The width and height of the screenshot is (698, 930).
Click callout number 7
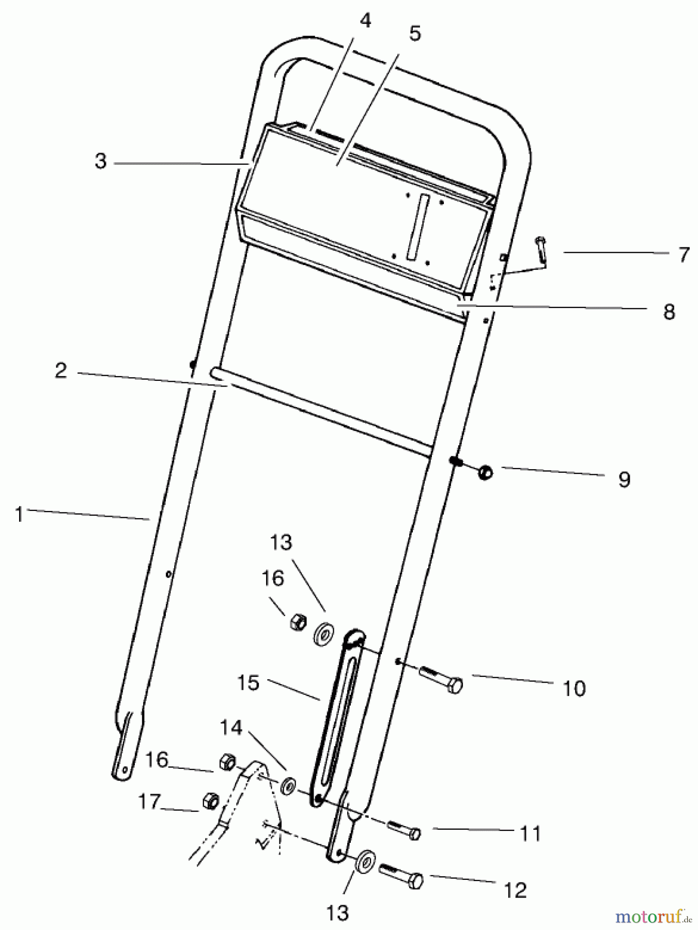point(684,254)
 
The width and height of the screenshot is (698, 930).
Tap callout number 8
point(669,312)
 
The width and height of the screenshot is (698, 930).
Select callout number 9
point(624,479)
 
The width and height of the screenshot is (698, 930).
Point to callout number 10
point(574,688)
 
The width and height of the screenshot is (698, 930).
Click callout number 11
point(530,833)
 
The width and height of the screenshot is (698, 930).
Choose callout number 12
point(515,890)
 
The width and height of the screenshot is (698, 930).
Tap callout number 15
point(248,683)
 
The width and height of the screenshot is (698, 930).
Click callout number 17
point(149,801)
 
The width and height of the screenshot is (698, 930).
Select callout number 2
point(61,370)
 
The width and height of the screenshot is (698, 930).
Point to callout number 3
point(101,161)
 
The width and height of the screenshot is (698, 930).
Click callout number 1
point(19,515)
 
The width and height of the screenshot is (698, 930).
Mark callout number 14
point(231,727)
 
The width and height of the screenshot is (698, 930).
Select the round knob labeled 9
point(485,472)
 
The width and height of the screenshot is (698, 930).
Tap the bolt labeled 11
point(406,829)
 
